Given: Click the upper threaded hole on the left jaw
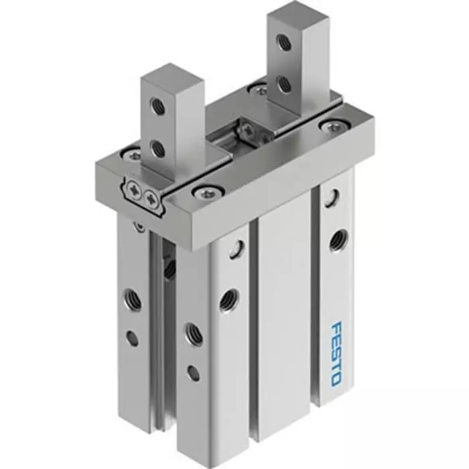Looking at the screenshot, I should pos(158,105).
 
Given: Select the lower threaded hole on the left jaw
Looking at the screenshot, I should pos(159,149).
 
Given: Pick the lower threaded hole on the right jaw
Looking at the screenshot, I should pos(283,84).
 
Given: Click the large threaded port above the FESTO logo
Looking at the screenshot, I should pos(338,239).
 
